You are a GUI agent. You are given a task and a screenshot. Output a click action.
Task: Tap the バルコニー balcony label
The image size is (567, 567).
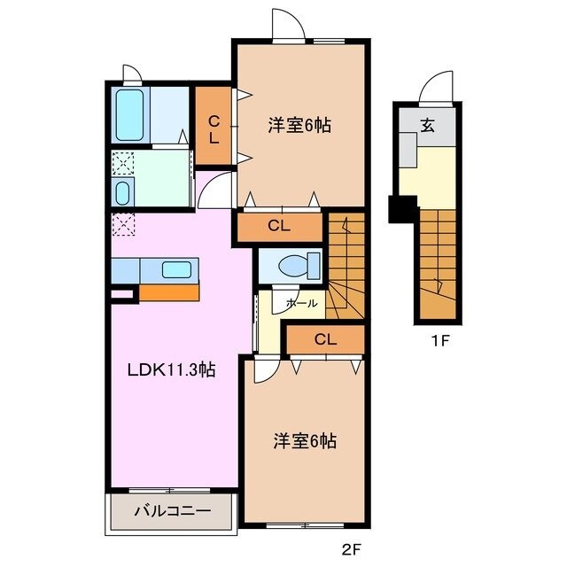(172, 511)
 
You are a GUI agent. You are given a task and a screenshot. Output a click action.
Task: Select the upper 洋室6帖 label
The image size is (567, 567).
(299, 126)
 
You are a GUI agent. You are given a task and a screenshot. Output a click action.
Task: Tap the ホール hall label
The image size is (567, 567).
(301, 303)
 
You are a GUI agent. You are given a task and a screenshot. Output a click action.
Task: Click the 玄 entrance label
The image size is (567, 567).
(427, 125)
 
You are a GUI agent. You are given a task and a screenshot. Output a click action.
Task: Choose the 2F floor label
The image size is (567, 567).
(351, 549)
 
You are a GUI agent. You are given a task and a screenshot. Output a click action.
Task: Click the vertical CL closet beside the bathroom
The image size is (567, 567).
(214, 128)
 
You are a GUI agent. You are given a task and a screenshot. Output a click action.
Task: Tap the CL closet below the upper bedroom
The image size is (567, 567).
(278, 227)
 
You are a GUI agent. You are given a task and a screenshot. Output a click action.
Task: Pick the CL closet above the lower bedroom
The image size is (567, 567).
(324, 338)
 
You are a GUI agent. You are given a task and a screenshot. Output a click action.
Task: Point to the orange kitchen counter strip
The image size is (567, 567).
(169, 292)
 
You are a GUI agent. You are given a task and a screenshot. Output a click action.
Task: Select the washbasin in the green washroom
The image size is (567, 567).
(123, 192)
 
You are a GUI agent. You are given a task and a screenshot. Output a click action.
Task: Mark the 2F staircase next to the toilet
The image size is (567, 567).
(346, 261)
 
